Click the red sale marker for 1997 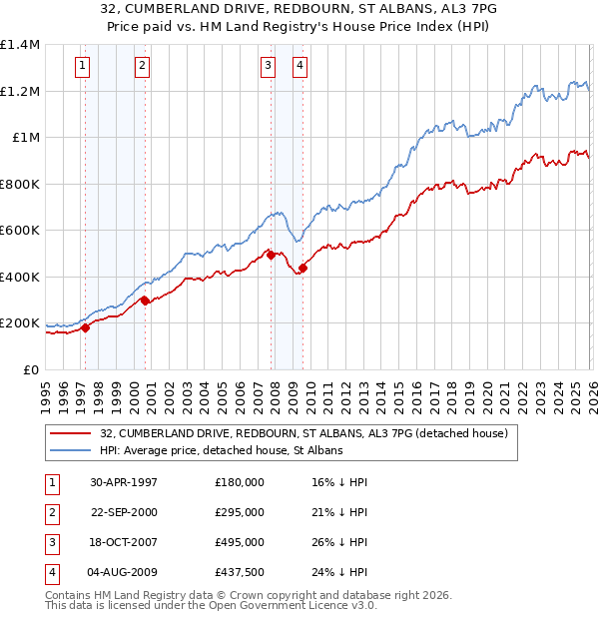(85, 327)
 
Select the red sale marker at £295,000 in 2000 (145, 300)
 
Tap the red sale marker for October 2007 (271, 256)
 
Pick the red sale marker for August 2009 (302, 268)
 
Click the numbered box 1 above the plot (81, 67)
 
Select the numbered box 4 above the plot (299, 67)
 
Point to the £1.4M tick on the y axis (20, 45)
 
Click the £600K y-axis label (20, 231)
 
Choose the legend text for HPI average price (221, 451)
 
